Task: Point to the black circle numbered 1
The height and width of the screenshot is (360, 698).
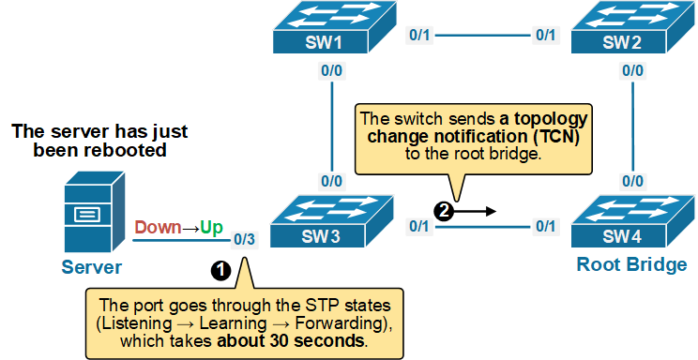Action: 220,269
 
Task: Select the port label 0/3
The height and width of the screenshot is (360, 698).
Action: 244,239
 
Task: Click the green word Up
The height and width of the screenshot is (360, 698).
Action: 211,227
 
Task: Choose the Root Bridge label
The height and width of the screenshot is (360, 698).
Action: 631,265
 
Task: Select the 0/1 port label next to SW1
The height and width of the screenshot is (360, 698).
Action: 419,36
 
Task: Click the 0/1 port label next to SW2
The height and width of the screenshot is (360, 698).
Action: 546,36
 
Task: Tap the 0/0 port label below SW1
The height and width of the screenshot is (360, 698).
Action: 331,70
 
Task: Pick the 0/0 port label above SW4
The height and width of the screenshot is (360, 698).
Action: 633,181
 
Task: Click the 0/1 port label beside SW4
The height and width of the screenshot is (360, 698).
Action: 546,226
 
